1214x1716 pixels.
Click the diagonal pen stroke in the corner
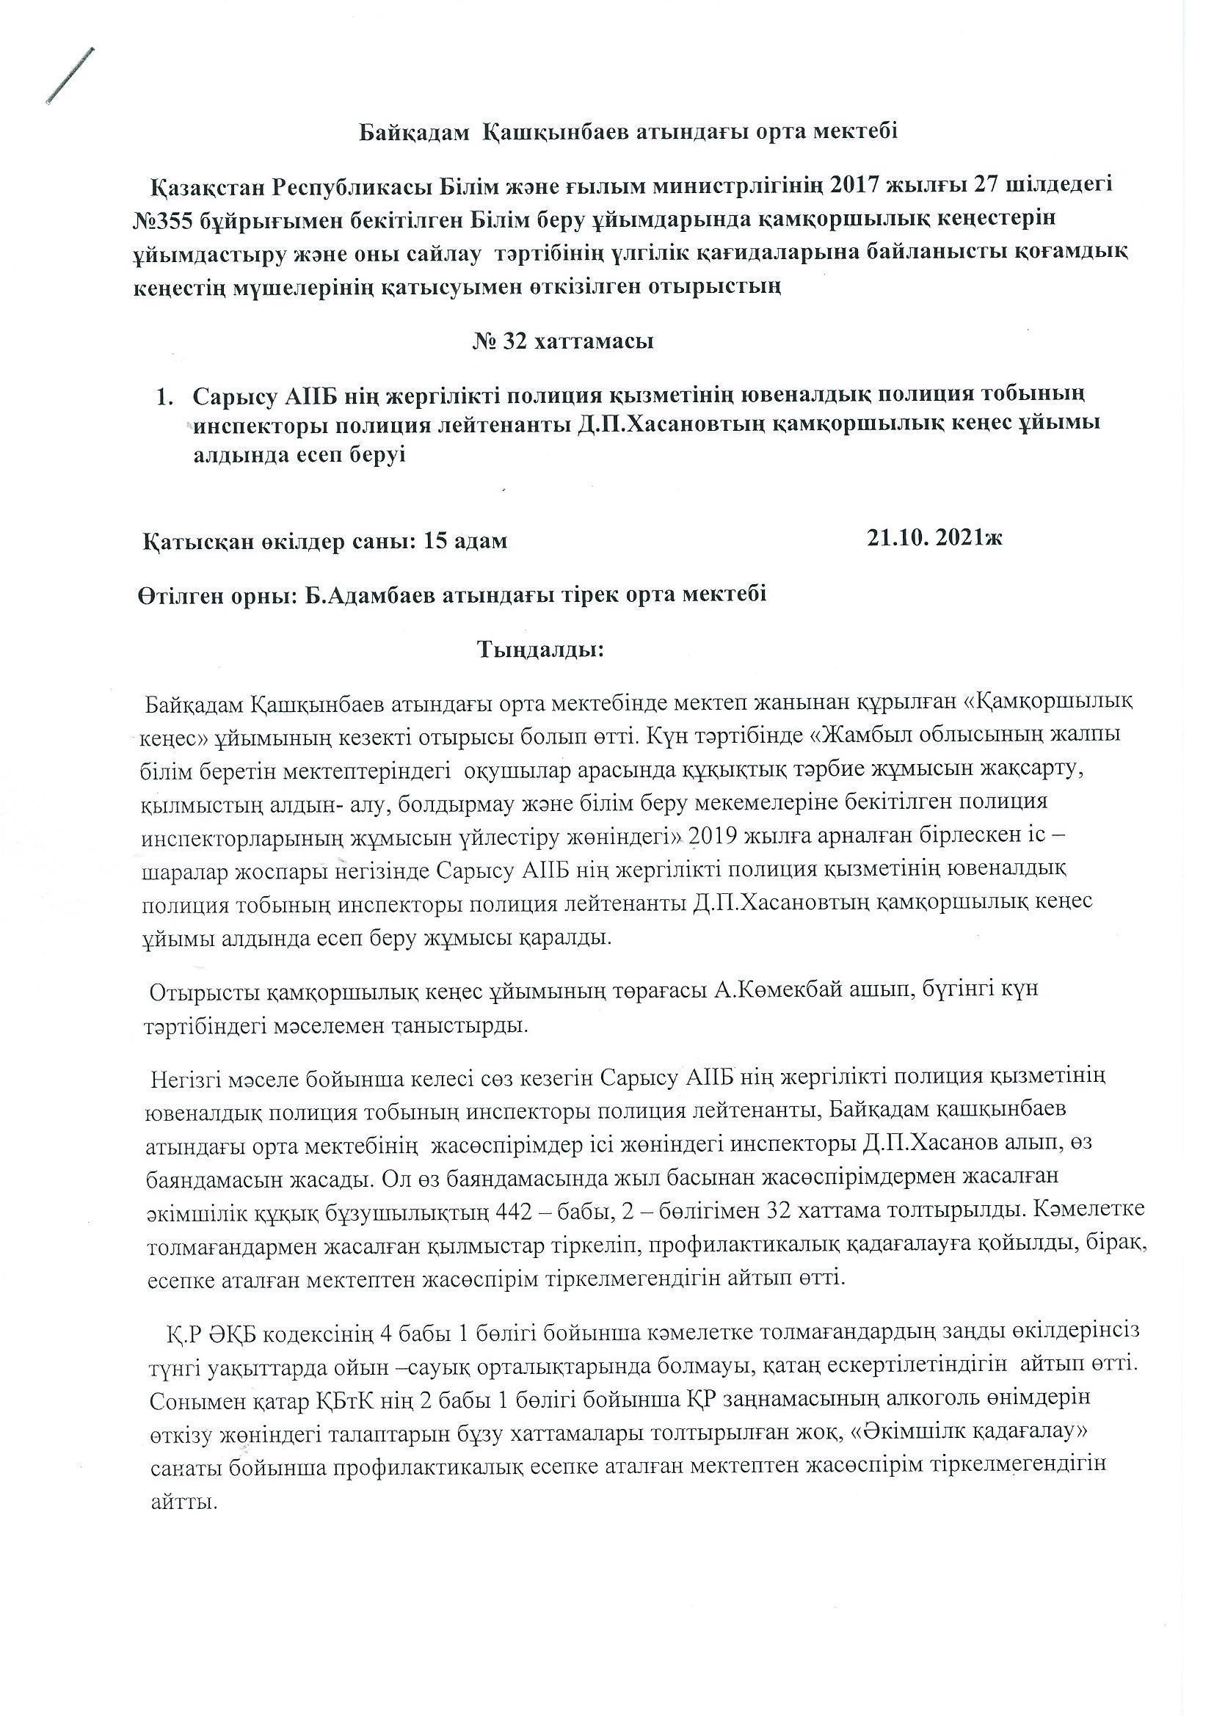pos(70,75)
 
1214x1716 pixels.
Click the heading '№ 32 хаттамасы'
pos(564,341)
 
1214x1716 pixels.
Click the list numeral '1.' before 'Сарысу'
pos(165,396)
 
